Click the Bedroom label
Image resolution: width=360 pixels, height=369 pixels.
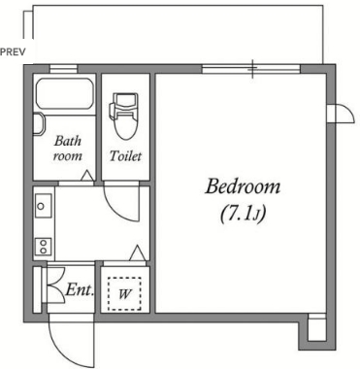tap(243, 187)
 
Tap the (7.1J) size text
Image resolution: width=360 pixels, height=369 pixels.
tap(243, 215)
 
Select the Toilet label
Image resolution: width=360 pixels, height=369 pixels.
tap(125, 156)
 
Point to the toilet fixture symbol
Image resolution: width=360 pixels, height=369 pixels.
tap(123, 116)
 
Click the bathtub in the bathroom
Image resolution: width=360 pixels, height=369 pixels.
tap(65, 94)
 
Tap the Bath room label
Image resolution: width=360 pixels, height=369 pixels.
tap(68, 149)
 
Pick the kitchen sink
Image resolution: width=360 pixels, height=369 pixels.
tap(44, 206)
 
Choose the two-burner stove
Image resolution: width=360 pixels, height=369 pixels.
tap(44, 247)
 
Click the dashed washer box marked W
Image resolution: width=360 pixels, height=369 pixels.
tap(124, 294)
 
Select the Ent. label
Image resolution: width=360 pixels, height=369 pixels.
tap(80, 289)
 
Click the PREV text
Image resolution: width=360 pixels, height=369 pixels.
tap(13, 51)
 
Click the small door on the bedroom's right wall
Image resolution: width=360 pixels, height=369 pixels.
tap(342, 114)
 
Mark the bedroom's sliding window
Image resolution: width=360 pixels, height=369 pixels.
tap(251, 69)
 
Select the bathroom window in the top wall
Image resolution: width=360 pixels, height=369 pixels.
tap(63, 69)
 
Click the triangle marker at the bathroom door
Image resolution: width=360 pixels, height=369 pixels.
tap(86, 176)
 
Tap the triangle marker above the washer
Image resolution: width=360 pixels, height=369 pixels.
tap(138, 252)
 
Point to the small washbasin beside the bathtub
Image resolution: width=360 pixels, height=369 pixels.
tap(38, 123)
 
